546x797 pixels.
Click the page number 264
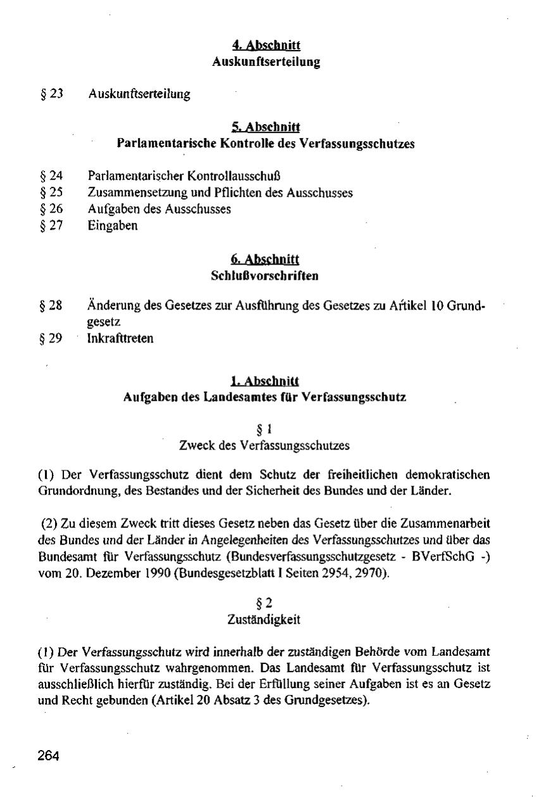pyautogui.click(x=47, y=756)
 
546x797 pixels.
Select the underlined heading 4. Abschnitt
pyautogui.click(x=266, y=45)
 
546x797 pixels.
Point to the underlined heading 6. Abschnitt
pyautogui.click(x=266, y=260)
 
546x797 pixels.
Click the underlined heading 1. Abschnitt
pyautogui.click(x=265, y=381)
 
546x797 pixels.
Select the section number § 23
pyautogui.click(x=52, y=94)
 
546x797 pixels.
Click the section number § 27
pyautogui.click(x=52, y=226)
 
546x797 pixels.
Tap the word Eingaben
pyautogui.click(x=113, y=226)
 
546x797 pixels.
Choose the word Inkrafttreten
pyautogui.click(x=120, y=339)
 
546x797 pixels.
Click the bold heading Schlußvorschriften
pyautogui.click(x=265, y=276)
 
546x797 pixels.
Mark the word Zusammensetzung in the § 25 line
pyautogui.click(x=130, y=192)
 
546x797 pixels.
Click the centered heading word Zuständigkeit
pyautogui.click(x=264, y=620)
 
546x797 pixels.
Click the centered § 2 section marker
pyautogui.click(x=264, y=604)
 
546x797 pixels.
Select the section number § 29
pyautogui.click(x=52, y=339)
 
